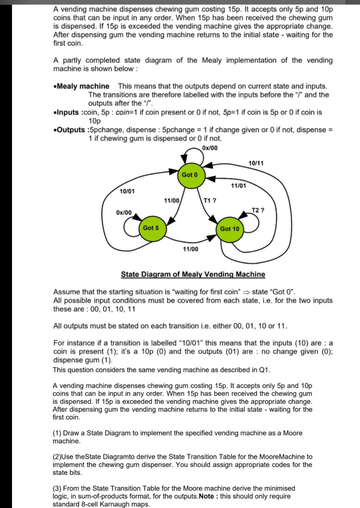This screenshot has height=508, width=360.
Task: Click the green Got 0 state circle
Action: pos(190,175)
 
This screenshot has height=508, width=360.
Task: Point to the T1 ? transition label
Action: pos(210,200)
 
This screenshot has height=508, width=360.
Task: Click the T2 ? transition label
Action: pos(258,210)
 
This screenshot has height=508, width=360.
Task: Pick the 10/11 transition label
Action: pos(256,163)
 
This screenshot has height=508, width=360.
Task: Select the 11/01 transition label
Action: pos(238,185)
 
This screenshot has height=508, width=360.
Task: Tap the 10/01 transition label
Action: pos(127,191)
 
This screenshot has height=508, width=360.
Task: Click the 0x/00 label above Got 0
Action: pos(210,148)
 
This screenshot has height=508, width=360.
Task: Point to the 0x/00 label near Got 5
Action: pos(124,212)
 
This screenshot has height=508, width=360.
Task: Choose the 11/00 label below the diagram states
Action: pos(190,249)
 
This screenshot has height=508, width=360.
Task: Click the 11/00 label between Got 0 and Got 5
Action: pos(172,200)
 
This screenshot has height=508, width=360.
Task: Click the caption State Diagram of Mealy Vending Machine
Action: pos(193,274)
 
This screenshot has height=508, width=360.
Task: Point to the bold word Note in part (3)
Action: pos(206,496)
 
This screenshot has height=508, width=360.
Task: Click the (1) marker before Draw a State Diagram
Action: pos(57,433)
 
